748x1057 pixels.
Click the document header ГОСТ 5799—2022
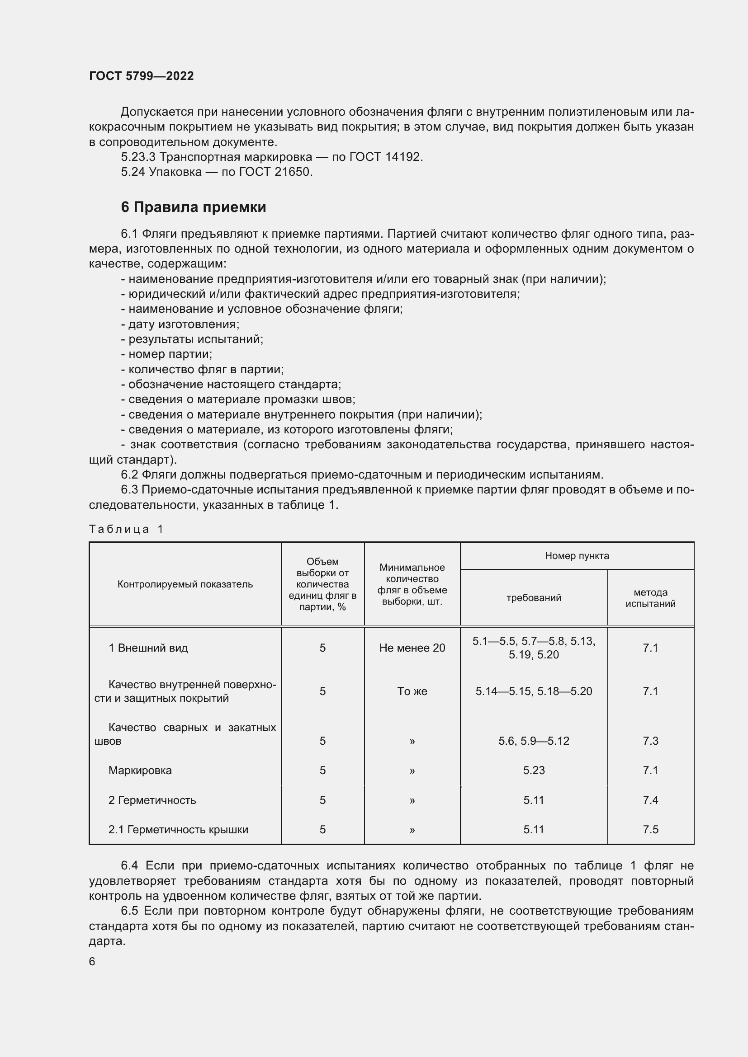click(x=142, y=76)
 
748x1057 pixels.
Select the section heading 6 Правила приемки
click(x=194, y=207)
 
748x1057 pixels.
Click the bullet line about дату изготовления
click(x=180, y=324)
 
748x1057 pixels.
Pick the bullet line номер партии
click(x=166, y=354)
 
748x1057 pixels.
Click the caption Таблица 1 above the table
click(x=126, y=529)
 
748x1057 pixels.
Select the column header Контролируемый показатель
click(x=185, y=584)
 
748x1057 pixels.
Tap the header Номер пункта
click(x=577, y=556)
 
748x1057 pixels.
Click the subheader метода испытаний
click(x=650, y=597)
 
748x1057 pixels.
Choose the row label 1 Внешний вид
click(x=148, y=648)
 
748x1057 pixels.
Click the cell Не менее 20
click(x=412, y=648)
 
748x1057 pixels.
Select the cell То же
click(x=412, y=691)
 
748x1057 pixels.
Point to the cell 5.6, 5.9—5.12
click(x=534, y=741)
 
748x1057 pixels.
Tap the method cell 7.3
click(x=650, y=741)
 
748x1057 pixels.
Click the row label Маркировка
click(x=140, y=770)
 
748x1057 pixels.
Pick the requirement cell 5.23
click(x=534, y=770)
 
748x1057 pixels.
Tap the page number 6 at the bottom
click(x=92, y=961)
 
